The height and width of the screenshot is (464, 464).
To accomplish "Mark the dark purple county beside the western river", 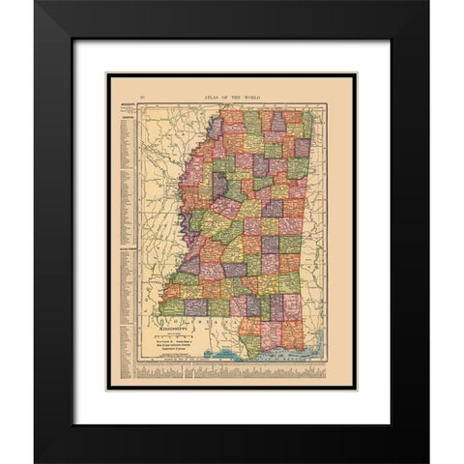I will pyautogui.click(x=218, y=183).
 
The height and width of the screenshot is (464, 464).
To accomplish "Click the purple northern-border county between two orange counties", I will pyautogui.click(x=278, y=123).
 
